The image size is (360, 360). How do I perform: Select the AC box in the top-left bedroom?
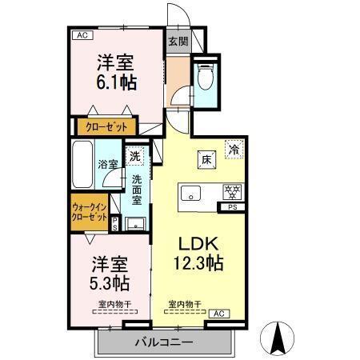click(x=80, y=34)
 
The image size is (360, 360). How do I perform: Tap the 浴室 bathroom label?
click(x=110, y=164)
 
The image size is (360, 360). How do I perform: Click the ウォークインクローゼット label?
click(x=89, y=212)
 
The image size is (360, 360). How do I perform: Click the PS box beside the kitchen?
click(x=234, y=208)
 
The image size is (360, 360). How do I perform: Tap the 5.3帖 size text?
click(x=110, y=274)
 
